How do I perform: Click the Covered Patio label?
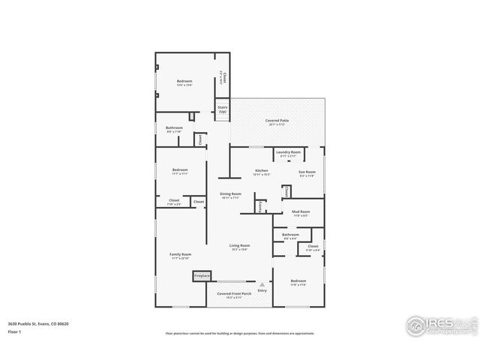[x=277, y=121]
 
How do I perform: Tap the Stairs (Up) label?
[x=223, y=109]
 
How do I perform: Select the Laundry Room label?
[x=288, y=153]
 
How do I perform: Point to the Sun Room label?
[x=307, y=172]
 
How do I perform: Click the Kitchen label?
[x=262, y=171]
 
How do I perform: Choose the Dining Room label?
[x=230, y=195]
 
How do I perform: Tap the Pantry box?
[x=259, y=206]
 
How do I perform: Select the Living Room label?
[x=239, y=246]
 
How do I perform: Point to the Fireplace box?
[x=202, y=276]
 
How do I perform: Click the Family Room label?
[x=181, y=255]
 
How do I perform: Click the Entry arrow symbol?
[x=262, y=285]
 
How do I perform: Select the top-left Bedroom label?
[x=184, y=82]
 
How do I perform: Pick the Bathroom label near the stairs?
[x=174, y=128]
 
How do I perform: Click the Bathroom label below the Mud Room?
[x=290, y=235]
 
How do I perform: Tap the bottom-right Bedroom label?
[x=298, y=282]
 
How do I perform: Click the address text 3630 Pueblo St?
[x=34, y=323]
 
